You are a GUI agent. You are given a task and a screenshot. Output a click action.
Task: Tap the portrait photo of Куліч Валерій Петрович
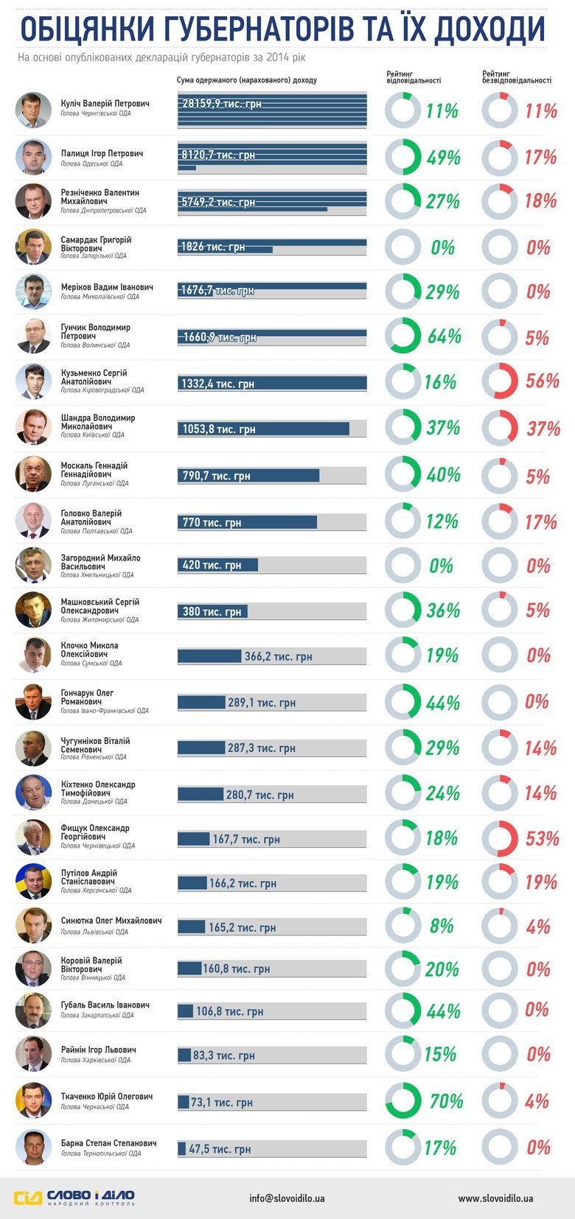click(x=33, y=110)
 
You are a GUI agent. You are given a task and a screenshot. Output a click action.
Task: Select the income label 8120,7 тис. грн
click(x=218, y=155)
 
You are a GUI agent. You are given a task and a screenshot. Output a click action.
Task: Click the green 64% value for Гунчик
click(x=444, y=337)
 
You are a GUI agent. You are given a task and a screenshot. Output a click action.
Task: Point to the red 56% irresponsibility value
click(x=542, y=381)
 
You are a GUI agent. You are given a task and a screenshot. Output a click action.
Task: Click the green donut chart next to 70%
click(x=403, y=1100)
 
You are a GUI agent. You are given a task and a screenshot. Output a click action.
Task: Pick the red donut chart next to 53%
click(x=500, y=838)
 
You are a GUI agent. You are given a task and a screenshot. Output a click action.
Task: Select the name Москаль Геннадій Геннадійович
click(x=94, y=470)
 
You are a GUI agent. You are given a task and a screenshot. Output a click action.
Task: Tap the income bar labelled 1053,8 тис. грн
click(x=264, y=429)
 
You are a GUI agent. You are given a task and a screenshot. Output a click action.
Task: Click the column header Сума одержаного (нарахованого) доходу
click(x=246, y=80)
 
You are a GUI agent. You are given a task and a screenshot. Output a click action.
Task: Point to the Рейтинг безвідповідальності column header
click(x=516, y=77)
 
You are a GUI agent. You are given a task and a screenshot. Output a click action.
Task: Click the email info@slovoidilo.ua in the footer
click(x=287, y=1198)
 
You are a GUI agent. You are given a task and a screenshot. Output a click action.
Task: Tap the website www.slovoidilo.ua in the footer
click(x=495, y=1198)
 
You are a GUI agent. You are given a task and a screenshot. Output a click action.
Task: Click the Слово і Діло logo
click(x=74, y=1198)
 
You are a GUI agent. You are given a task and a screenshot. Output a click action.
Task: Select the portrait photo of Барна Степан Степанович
click(x=33, y=1148)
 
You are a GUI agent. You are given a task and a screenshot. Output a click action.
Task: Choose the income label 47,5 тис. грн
click(x=219, y=1148)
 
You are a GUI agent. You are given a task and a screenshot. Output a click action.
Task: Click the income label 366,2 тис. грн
click(x=278, y=656)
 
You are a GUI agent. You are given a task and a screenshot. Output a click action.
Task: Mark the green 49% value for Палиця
click(x=443, y=158)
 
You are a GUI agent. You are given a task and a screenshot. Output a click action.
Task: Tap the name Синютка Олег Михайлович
click(x=111, y=921)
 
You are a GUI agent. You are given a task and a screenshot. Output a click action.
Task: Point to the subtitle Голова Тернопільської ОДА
click(x=100, y=1153)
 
